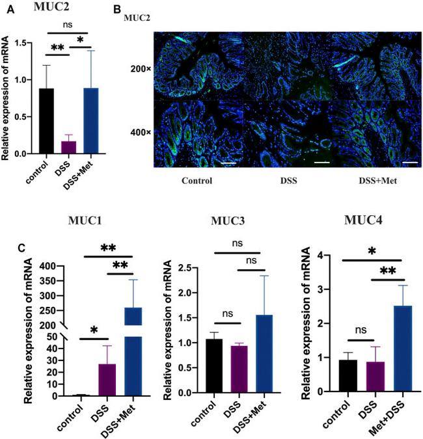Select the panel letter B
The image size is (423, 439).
(118, 8)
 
